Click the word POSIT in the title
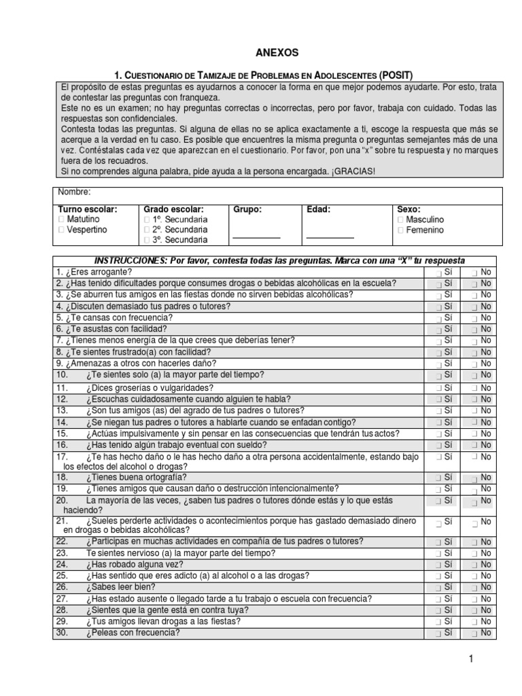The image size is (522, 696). tap(396, 75)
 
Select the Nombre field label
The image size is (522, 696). tap(74, 193)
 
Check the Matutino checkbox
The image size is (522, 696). tap(62, 220)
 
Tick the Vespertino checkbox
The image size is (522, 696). tap(62, 230)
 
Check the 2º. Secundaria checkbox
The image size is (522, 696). tap(147, 230)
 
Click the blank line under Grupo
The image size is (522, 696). tap(256, 237)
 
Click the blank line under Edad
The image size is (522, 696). tap(330, 237)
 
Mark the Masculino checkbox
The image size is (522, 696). tap(402, 220)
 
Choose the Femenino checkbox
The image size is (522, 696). tap(402, 230)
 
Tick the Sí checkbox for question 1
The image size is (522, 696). tap(439, 273)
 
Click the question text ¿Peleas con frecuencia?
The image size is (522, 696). tap(133, 633)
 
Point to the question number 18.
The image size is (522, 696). tap(61, 478)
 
